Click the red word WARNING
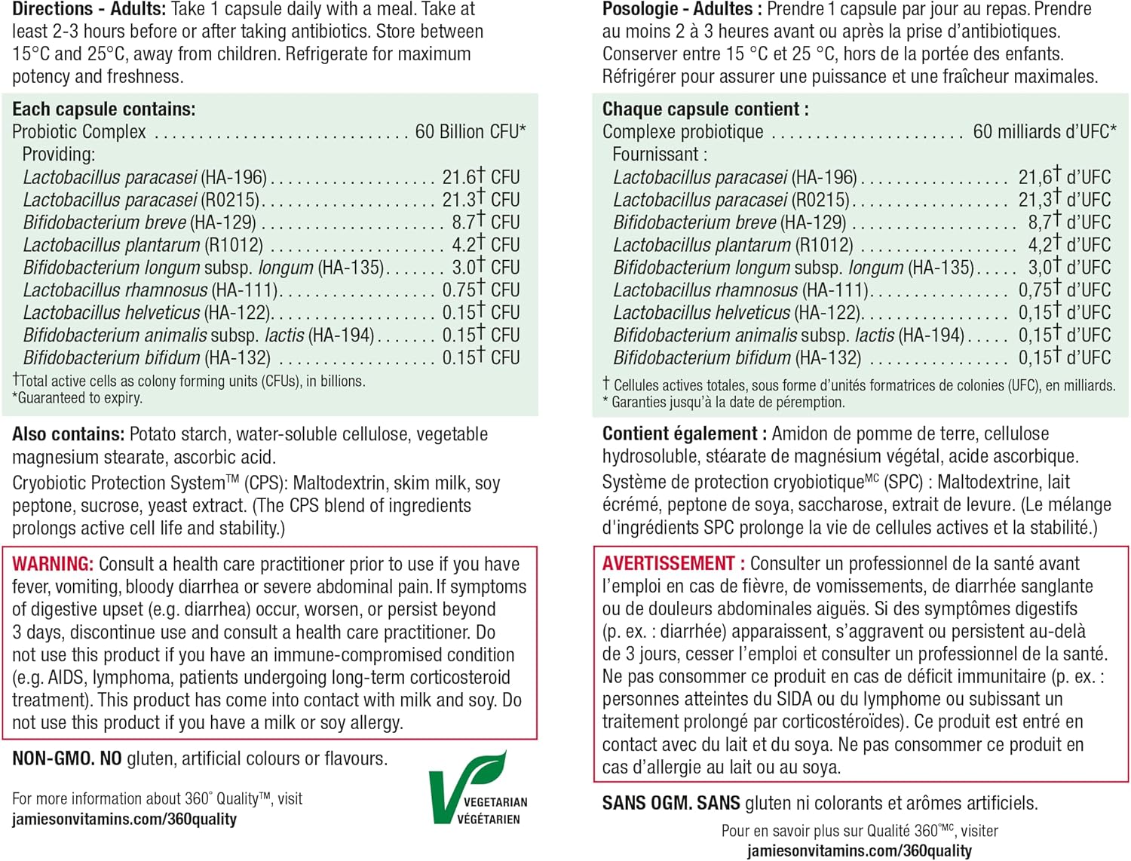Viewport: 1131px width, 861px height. [52, 564]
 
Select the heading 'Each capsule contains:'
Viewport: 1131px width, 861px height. [103, 109]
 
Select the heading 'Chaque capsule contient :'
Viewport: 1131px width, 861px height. [705, 109]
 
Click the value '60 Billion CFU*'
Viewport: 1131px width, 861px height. [470, 132]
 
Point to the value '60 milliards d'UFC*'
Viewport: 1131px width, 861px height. [1044, 132]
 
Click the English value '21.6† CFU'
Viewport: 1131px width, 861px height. [480, 177]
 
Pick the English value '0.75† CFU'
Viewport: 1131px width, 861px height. [480, 290]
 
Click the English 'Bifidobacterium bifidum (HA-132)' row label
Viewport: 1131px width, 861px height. [146, 358]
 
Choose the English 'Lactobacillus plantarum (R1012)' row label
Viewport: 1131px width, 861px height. [143, 245]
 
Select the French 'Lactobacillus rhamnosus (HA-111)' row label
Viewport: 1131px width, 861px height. [740, 290]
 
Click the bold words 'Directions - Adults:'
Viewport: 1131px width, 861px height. [89, 10]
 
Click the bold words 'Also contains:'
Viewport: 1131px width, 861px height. [68, 434]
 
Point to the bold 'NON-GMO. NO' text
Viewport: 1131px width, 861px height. [66, 758]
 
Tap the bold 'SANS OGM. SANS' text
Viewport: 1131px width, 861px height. [670, 803]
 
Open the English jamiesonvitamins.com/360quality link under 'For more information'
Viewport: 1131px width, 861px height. [124, 820]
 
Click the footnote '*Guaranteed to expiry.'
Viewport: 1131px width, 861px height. [77, 398]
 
